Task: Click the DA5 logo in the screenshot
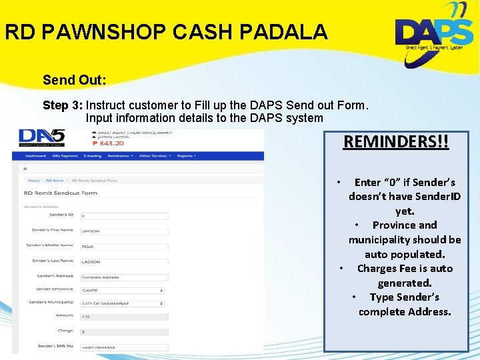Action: click(x=42, y=137)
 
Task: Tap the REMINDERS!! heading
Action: click(x=396, y=142)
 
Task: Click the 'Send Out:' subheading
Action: click(x=74, y=81)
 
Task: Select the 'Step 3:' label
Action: click(x=63, y=105)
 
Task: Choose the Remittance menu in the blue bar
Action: click(x=119, y=155)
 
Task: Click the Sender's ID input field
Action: click(x=123, y=216)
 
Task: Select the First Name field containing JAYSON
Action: click(x=123, y=231)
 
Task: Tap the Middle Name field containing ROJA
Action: click(x=123, y=246)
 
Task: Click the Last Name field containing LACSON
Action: click(x=123, y=261)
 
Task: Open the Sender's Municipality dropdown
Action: click(x=123, y=303)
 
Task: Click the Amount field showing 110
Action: click(x=123, y=317)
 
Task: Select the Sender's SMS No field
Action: click(x=123, y=347)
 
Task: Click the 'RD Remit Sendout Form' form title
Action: click(x=61, y=193)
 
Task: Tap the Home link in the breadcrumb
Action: click(x=33, y=180)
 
